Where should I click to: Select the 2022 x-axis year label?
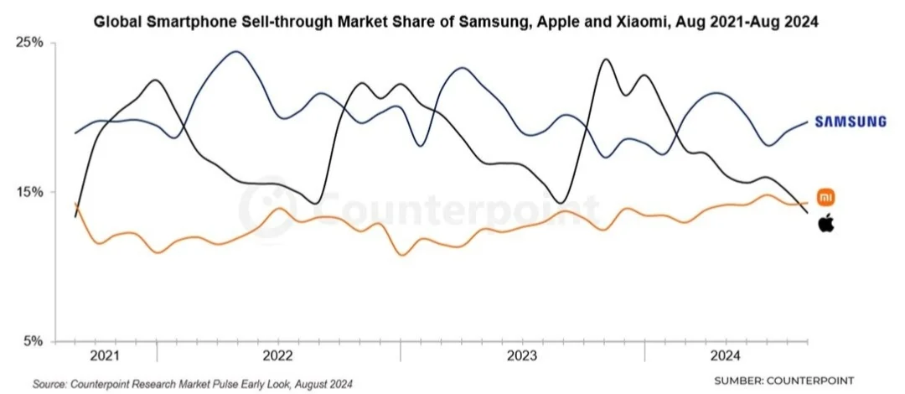[278, 355]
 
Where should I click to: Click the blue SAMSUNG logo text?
[851, 122]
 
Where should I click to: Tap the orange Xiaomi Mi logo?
[826, 197]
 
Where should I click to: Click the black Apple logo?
[826, 223]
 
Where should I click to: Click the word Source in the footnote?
[49, 384]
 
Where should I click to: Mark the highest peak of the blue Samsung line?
[236, 51]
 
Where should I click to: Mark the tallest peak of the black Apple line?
[605, 60]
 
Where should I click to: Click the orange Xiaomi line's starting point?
[75, 204]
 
